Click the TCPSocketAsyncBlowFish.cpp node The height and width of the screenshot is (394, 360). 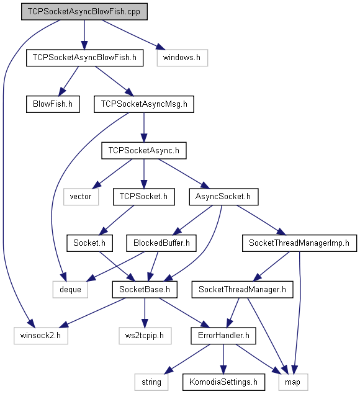tap(84, 12)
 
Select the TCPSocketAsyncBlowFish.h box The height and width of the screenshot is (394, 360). tap(84, 58)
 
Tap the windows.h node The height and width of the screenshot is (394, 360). tap(182, 58)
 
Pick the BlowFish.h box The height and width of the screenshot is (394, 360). tap(53, 104)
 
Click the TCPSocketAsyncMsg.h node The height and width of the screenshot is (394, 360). tap(144, 104)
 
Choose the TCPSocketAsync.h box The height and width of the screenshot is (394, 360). tap(144, 151)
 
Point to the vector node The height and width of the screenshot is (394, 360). tap(81, 197)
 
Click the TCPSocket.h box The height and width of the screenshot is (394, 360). tap(144, 197)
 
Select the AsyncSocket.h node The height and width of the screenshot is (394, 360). tap(223, 197)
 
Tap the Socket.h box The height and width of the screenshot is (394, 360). tap(89, 243)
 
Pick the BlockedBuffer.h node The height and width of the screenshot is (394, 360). tap(161, 243)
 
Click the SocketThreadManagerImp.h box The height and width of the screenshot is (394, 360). tap(299, 243)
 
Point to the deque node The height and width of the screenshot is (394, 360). tap(70, 290)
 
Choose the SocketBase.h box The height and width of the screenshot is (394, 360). tap(145, 290)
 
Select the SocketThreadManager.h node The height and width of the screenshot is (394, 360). tap(242, 290)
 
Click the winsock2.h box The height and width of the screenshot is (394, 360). tap(41, 336)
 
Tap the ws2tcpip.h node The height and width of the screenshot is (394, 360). tap(145, 336)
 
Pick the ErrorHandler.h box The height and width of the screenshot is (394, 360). tap(223, 336)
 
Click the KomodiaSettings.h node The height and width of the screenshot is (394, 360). tap(223, 382)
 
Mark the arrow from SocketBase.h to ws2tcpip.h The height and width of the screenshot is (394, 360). tap(145, 313)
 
